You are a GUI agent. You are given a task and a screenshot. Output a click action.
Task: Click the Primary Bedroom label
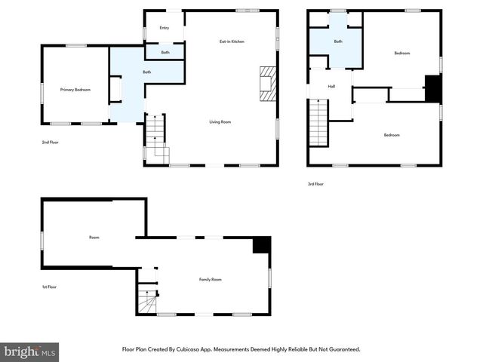(x=75, y=90)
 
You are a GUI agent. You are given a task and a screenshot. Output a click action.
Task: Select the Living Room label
(x=220, y=121)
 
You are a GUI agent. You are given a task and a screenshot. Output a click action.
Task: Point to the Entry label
(x=164, y=28)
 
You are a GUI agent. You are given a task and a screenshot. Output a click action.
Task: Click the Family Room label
(x=211, y=280)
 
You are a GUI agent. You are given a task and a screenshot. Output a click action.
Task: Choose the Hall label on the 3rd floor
(x=331, y=87)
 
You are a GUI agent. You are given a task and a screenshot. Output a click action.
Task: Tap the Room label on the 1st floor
(x=94, y=238)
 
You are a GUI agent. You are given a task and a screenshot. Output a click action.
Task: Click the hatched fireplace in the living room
(x=268, y=83)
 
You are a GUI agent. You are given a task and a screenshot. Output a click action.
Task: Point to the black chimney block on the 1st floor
(x=261, y=245)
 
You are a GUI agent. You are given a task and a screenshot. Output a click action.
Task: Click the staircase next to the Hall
(x=318, y=122)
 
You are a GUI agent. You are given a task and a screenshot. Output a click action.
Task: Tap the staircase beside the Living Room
(x=155, y=137)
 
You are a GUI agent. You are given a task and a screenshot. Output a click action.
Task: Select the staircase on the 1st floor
(x=146, y=303)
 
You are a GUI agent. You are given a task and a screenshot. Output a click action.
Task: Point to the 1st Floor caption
(x=50, y=287)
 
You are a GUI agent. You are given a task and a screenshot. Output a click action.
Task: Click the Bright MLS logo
(x=29, y=352)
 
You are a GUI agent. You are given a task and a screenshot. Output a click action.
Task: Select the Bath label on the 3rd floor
(x=338, y=41)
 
